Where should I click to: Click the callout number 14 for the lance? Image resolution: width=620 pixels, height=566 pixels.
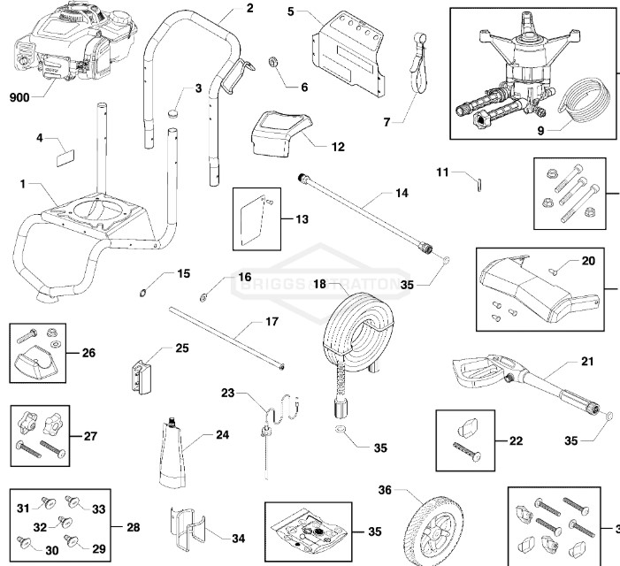point(402,191)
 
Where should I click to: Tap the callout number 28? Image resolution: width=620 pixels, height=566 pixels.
point(133,528)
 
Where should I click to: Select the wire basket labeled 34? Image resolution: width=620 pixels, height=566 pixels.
point(188,528)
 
